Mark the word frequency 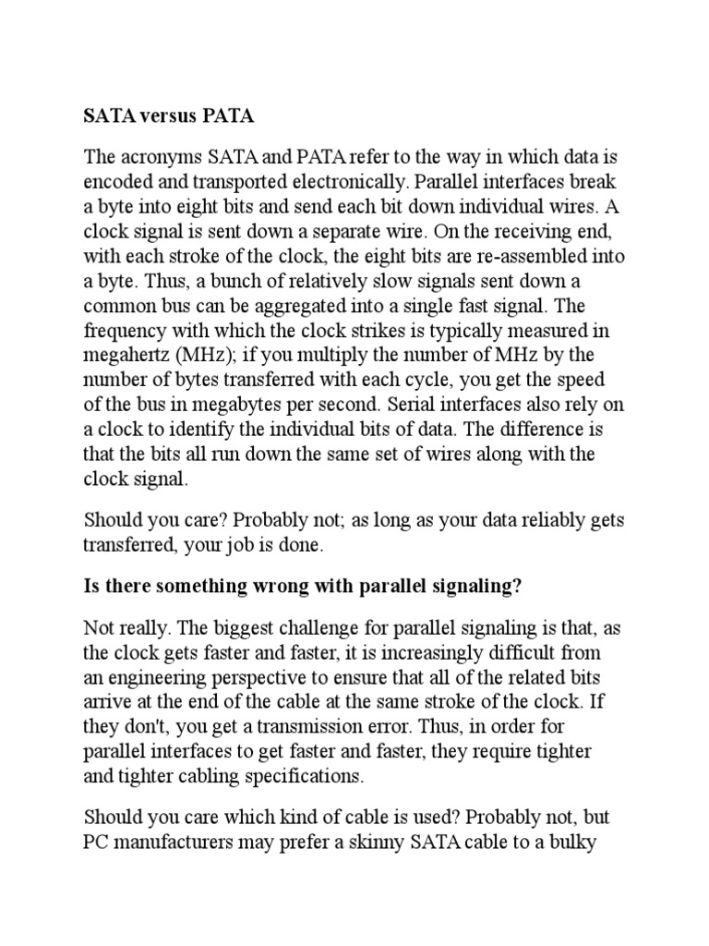pos(125,331)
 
